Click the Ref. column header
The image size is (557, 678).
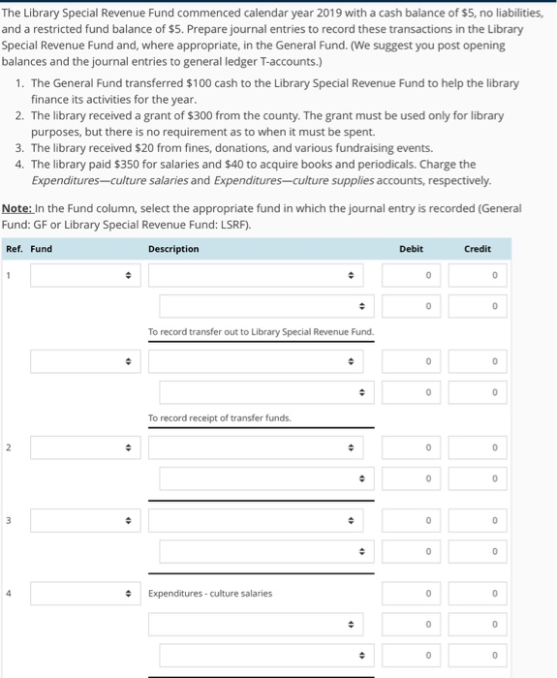[x=14, y=249]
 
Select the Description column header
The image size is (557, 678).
[x=173, y=249]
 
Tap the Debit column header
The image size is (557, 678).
[x=411, y=249]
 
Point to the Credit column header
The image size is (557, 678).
[x=478, y=249]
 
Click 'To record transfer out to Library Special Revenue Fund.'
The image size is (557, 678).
[x=261, y=332]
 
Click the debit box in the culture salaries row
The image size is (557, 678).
[x=411, y=593]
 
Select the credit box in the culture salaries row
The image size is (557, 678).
[x=478, y=593]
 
